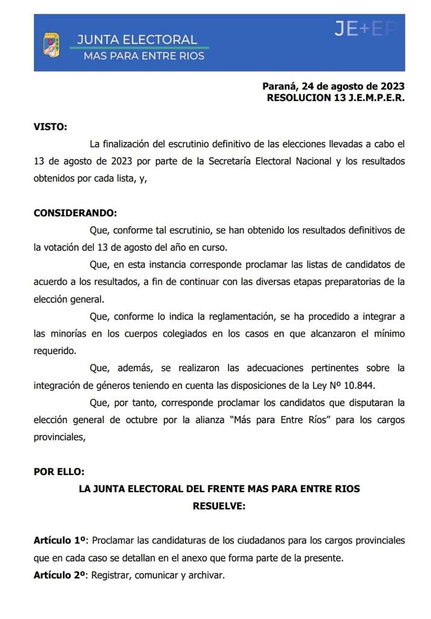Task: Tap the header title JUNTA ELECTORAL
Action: (137, 40)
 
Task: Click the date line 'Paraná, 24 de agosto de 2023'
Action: (333, 86)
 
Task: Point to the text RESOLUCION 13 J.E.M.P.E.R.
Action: (335, 97)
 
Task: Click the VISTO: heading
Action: (50, 127)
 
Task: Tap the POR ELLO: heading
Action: (59, 472)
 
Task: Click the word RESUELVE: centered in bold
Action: (219, 506)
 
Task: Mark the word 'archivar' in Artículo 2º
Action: (206, 575)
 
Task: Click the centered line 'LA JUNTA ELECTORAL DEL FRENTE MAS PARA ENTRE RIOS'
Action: (219, 488)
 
